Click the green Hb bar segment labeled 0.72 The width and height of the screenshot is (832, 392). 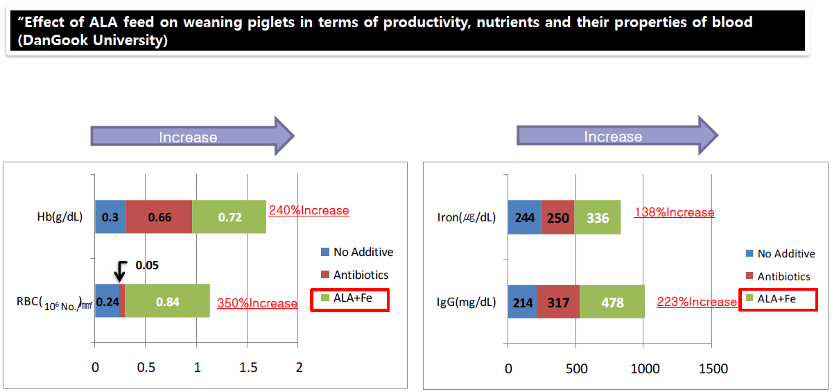[229, 217]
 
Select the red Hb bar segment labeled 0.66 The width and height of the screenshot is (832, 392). [159, 217]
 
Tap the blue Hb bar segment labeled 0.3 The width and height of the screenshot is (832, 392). [110, 217]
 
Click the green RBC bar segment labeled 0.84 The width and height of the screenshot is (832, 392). [167, 301]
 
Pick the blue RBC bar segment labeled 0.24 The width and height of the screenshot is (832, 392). [107, 301]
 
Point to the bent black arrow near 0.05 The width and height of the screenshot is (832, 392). [121, 269]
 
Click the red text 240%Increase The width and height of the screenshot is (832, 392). [309, 210]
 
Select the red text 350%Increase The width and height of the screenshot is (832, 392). [257, 303]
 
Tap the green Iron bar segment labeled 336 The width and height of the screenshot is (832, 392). [597, 218]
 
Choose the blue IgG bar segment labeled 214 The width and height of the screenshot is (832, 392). [522, 302]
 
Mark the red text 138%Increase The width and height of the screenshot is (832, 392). [673, 212]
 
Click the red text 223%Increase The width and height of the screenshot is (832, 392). [697, 302]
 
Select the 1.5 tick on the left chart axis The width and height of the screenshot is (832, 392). [248, 368]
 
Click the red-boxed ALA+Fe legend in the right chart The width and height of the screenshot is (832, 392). [779, 299]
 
